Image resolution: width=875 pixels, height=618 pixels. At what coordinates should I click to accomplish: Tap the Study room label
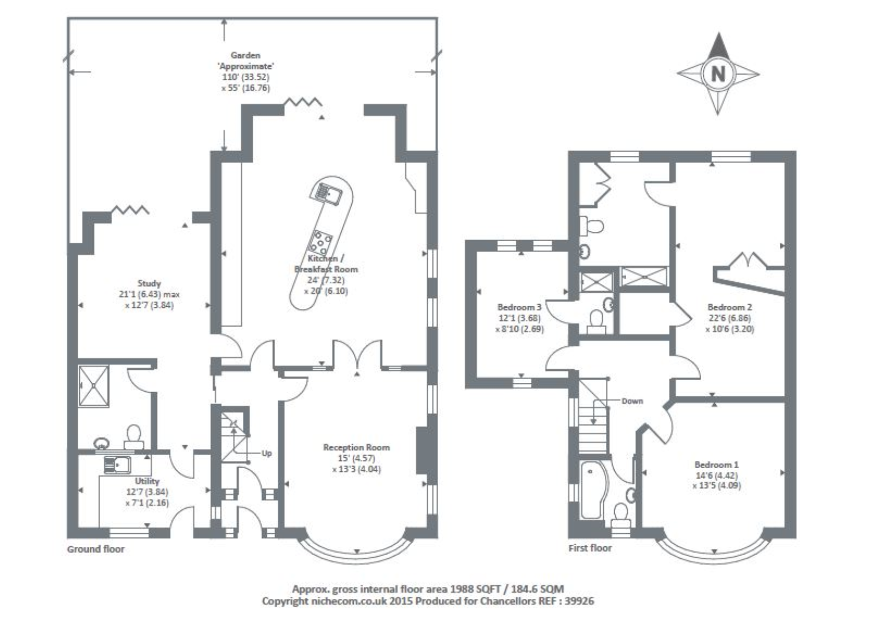coord(149,283)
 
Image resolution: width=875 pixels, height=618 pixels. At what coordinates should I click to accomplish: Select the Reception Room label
coord(356,447)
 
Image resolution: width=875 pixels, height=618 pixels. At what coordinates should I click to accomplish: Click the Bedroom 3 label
coord(519,307)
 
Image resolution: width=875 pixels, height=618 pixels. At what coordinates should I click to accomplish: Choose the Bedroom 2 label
coord(730,307)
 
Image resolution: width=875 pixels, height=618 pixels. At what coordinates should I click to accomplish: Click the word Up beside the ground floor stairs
coord(267,453)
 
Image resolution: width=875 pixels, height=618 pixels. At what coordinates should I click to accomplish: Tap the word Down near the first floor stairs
coord(632,401)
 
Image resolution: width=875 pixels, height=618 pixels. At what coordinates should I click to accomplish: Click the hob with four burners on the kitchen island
coord(321,241)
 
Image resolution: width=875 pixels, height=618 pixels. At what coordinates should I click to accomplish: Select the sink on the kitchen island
coord(328,193)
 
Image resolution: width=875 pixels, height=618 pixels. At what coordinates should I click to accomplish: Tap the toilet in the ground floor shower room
coord(133,435)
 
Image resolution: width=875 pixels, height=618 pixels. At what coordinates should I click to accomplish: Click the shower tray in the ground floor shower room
coord(94,386)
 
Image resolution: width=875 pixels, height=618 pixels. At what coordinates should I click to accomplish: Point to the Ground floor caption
coord(96,549)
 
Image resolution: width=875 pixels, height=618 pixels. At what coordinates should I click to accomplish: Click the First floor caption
coord(590,548)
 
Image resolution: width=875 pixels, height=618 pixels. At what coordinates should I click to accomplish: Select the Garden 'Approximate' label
coord(245,61)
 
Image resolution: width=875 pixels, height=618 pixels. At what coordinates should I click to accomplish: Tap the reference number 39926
coord(580,601)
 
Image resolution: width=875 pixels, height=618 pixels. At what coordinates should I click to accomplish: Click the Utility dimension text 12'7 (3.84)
coord(147,492)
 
